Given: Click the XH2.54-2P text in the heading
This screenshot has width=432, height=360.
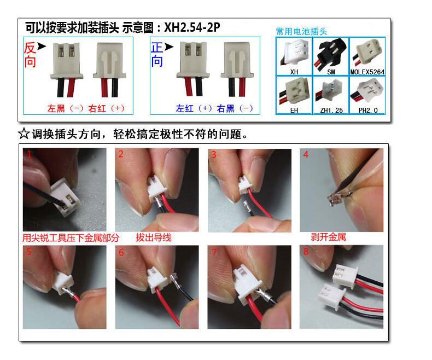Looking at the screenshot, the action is (x=192, y=27).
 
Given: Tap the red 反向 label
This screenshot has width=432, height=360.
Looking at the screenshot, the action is (x=30, y=55).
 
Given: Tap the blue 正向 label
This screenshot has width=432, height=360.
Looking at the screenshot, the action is (x=157, y=54).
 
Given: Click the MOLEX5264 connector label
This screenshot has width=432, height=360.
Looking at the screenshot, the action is (x=367, y=72).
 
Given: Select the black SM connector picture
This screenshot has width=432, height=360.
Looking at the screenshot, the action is (x=331, y=53).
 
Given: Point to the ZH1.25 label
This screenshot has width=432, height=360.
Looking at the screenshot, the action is (x=331, y=111).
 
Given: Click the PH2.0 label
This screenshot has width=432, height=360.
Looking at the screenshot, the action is (x=368, y=111).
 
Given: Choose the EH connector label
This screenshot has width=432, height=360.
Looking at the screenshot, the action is (x=294, y=111).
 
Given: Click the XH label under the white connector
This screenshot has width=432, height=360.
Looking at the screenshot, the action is (x=294, y=72).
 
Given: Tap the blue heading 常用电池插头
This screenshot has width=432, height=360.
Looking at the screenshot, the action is (x=301, y=31).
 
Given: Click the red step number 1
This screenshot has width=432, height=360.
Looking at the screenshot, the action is (x=29, y=154).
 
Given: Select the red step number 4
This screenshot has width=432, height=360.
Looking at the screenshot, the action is (x=306, y=154).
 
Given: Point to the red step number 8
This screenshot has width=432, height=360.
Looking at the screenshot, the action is (x=306, y=251).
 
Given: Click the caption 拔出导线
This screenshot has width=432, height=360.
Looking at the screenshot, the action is (x=154, y=237).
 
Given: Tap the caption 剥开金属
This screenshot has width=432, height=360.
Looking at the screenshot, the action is (x=328, y=237).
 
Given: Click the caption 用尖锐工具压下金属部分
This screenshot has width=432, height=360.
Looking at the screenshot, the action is (x=71, y=237).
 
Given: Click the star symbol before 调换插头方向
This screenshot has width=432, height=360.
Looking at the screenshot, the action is (x=24, y=134).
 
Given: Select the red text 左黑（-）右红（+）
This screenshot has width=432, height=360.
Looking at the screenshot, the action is (x=86, y=108).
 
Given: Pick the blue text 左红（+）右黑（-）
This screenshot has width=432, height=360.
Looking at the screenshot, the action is (x=214, y=108).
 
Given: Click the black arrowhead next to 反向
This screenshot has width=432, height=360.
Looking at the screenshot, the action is (x=42, y=47).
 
